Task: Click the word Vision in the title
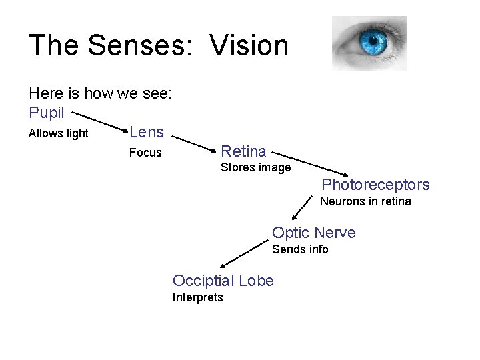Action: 249,46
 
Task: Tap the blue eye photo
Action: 369,43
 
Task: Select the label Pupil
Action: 47,113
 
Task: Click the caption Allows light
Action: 59,133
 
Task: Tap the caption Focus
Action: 145,153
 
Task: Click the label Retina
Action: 243,151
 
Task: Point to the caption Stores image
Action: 256,167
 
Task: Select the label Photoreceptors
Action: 376,185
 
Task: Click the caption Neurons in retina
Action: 366,201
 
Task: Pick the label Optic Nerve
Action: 314,233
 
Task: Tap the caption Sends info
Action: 300,249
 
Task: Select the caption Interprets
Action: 198,297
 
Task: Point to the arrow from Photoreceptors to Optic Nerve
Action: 303,208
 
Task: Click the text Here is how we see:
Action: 101,93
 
